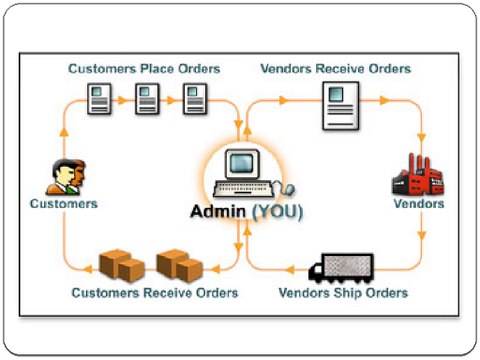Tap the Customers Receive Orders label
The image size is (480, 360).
pos(155,293)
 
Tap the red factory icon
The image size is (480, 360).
pos(412,176)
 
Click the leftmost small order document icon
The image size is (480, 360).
pos(101,99)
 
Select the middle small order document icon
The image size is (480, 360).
pos(148,99)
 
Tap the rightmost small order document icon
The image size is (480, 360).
pos(194,99)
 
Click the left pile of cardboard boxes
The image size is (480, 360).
pos(122,264)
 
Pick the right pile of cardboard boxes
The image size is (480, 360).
pos(180,264)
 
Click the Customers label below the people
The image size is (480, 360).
pos(63,203)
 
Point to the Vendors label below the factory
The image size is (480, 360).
pos(418,203)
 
